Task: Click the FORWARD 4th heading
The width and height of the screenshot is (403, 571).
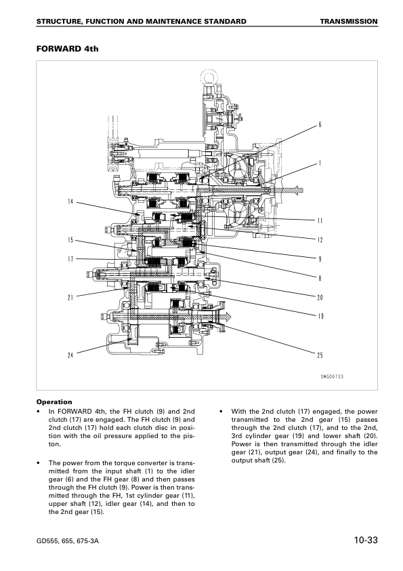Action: coord(67,48)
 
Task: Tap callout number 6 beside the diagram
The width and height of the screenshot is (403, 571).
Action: coord(320,125)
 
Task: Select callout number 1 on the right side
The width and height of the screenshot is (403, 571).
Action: coord(320,163)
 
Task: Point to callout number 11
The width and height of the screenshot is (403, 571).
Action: coord(320,220)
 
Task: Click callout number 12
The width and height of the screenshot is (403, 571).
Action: coord(320,239)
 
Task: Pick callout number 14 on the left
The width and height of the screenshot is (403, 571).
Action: coord(70,201)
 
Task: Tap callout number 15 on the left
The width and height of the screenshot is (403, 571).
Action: coord(70,239)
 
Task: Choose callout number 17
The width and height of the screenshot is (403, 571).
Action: coord(70,259)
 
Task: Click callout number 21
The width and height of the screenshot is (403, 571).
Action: coord(70,297)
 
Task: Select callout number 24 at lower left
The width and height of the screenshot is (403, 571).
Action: coord(70,355)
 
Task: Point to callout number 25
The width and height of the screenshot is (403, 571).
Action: coord(320,355)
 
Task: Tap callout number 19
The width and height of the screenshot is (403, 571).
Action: coord(320,316)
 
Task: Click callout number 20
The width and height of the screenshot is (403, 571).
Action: coord(320,297)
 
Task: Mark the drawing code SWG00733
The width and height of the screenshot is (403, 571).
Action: coord(332,376)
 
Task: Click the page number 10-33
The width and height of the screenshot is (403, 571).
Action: coord(366,540)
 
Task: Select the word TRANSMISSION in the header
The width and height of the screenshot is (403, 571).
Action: coord(349,22)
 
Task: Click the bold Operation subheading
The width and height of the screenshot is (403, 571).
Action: coord(54,402)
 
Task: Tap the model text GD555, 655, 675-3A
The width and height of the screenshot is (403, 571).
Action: coord(68,540)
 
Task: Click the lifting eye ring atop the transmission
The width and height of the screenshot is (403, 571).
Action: coord(208,77)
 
